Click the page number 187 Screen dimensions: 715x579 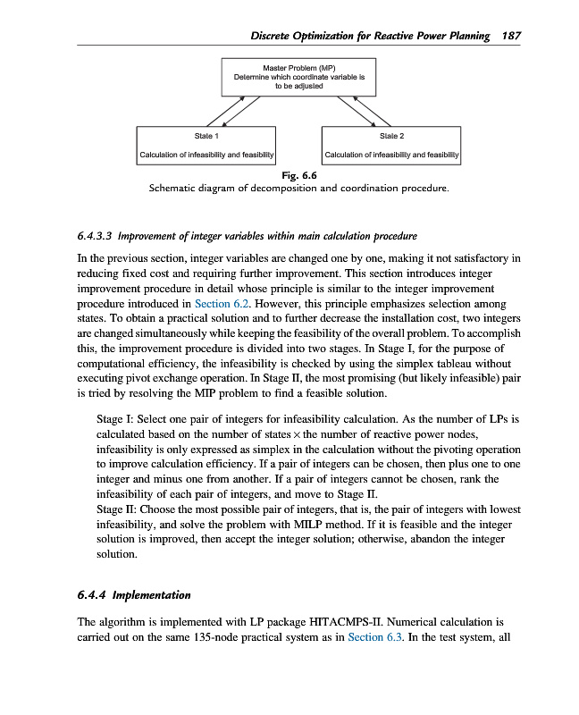[512, 36]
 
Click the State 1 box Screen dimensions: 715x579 [205, 147]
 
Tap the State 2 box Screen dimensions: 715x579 [391, 147]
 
